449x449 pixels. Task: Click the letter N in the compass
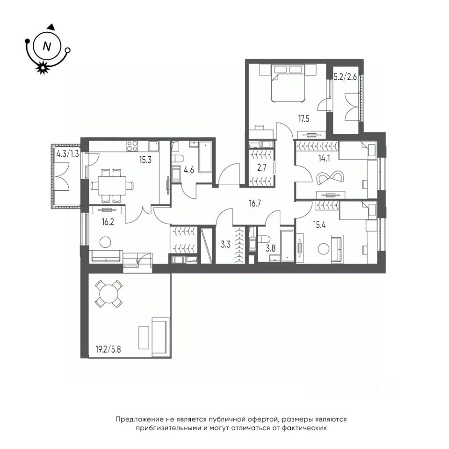pos(47,46)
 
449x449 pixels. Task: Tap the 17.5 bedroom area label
pos(304,118)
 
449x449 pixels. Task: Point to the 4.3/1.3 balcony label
pos(67,154)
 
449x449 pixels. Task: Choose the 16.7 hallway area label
pos(255,203)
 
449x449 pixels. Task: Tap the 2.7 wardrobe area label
pos(262,167)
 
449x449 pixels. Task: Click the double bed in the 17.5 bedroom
pos(288,83)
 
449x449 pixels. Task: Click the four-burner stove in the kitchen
pos(132,146)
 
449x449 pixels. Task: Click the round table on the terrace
pos(109,294)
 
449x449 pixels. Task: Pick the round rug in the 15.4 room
pos(324,248)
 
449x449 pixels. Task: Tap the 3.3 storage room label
pos(225,245)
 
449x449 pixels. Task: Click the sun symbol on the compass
pos(43,68)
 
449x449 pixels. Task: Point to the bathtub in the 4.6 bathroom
pos(205,157)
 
